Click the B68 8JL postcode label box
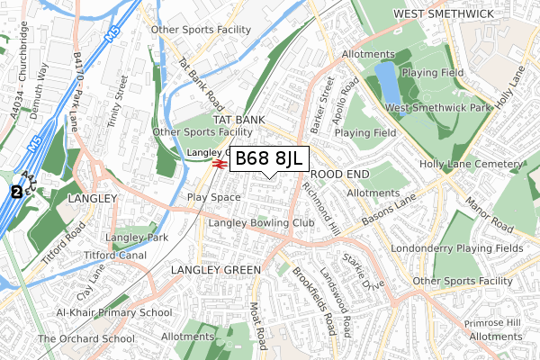point(270,158)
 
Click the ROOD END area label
point(336,175)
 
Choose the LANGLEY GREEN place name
point(215,270)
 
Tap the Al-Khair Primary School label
point(113,312)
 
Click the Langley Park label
point(137,238)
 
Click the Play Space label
point(213,196)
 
